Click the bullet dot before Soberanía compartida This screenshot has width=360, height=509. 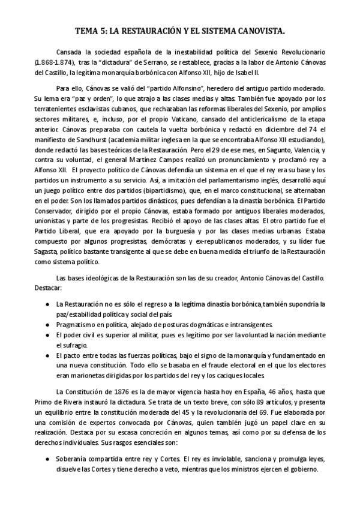(47, 459)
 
